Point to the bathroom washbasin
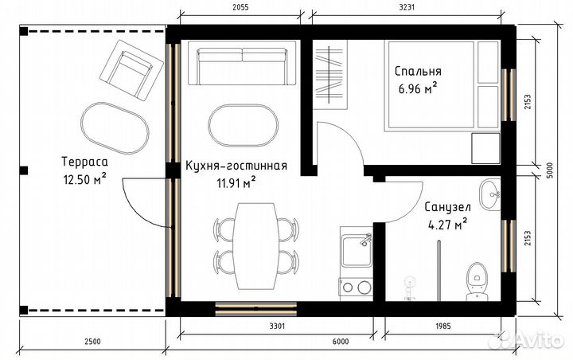pyautogui.click(x=491, y=194)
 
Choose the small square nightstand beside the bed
pyautogui.click(x=485, y=147)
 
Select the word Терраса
pyautogui.click(x=84, y=163)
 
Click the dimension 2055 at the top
pyautogui.click(x=240, y=6)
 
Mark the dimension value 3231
pyautogui.click(x=408, y=6)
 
